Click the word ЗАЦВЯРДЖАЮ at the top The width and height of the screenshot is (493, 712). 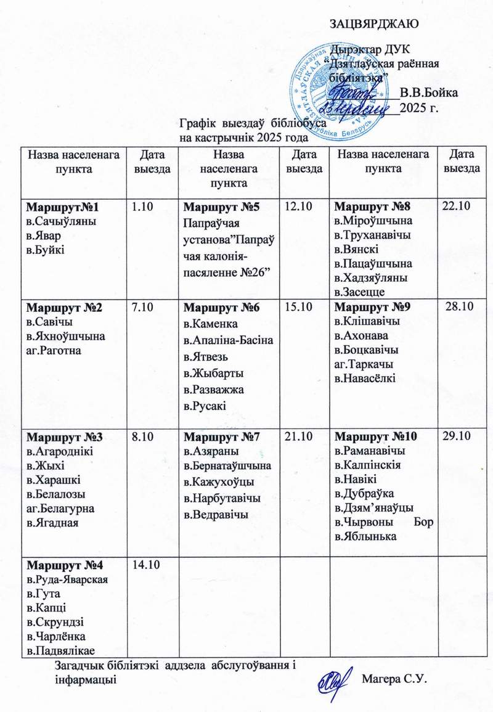point(375,24)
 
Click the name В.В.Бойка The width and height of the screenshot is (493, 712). point(428,93)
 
